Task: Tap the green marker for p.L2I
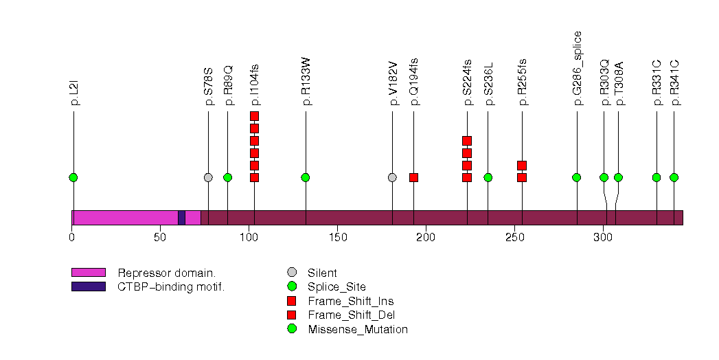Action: click(73, 177)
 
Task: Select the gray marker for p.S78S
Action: click(208, 177)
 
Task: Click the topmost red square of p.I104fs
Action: click(254, 116)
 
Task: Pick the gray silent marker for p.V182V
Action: click(392, 177)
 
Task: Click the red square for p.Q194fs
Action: click(413, 177)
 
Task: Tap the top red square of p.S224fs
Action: click(467, 141)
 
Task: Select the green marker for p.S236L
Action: click(488, 177)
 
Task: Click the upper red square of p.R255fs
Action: click(522, 166)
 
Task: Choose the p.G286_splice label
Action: click(578, 68)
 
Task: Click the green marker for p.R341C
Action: click(674, 177)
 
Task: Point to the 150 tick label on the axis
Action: click(337, 238)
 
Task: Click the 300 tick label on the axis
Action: click(603, 238)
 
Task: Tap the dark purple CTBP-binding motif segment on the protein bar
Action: click(181, 217)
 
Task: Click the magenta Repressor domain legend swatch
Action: click(88, 273)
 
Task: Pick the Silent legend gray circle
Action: click(292, 273)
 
